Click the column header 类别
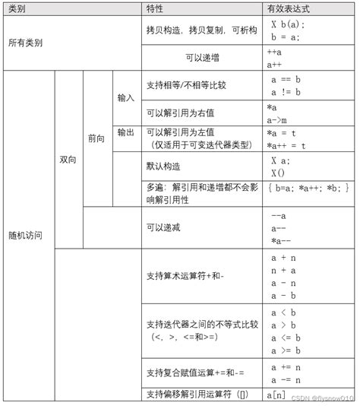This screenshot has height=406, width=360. [16, 8]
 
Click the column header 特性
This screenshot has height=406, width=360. [156, 8]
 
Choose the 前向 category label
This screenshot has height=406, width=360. [96, 139]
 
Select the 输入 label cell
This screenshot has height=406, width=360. [126, 98]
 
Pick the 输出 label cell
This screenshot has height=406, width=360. [126, 132]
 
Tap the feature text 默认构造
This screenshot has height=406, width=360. [164, 165]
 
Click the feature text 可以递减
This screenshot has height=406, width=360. [164, 227]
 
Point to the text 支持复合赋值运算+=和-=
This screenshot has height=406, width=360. [195, 373]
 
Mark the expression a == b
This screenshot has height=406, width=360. [286, 78]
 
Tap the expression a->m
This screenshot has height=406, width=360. [277, 120]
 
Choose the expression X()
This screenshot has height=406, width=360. [278, 173]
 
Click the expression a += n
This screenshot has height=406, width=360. [286, 366]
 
